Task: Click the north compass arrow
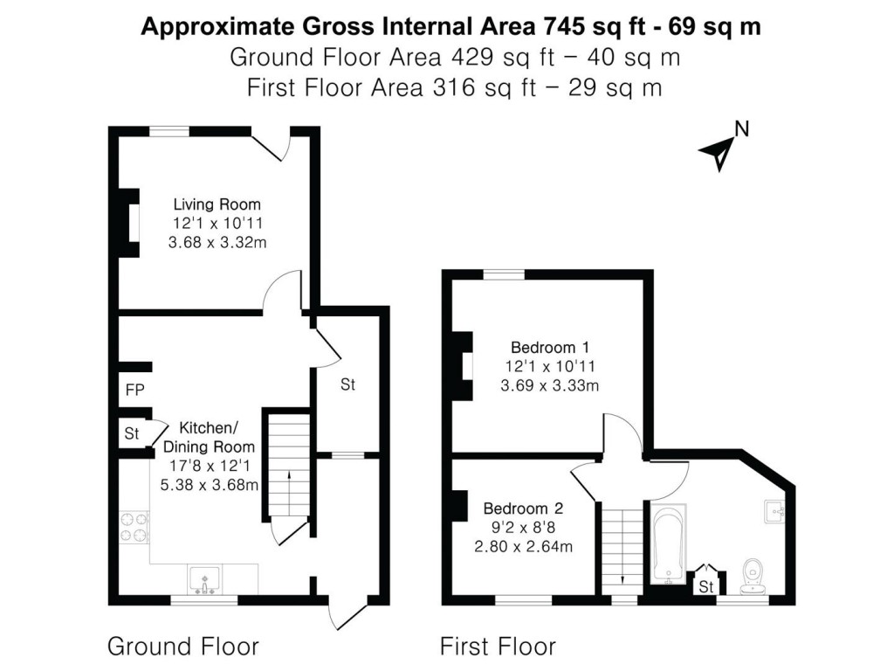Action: pos(719,153)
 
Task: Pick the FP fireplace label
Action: pos(134,390)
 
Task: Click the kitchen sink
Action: pos(205,579)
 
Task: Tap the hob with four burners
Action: pos(134,527)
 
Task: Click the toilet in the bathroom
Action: pos(752,574)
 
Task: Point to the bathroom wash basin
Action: pos(776,511)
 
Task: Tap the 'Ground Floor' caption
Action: pos(182,647)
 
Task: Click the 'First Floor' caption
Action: pos(497,647)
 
